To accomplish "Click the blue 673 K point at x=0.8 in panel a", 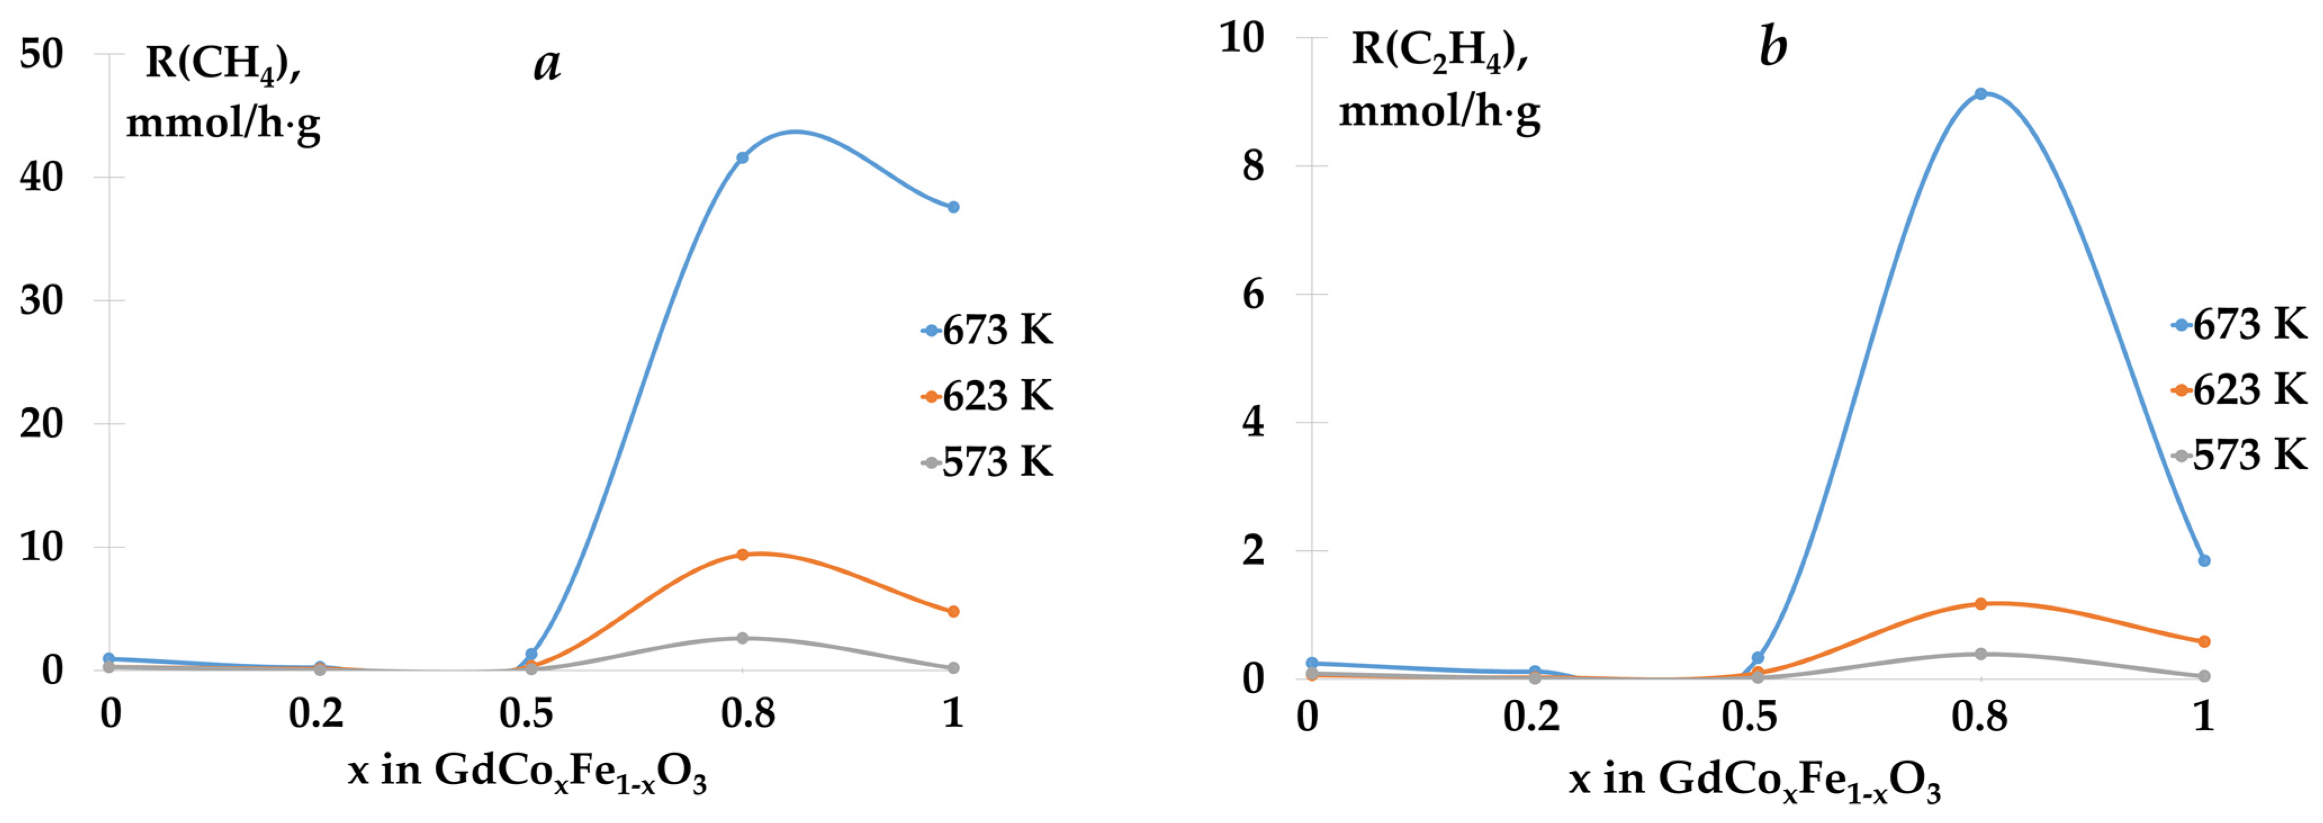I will (x=742, y=158).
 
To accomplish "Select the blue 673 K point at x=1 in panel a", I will (x=953, y=208).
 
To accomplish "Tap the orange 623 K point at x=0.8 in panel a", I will (x=742, y=554).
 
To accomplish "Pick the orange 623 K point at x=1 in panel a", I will (x=953, y=611).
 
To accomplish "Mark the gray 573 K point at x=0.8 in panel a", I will (x=742, y=638).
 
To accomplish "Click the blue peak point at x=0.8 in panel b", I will (x=1981, y=94).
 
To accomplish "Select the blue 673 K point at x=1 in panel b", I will (x=2204, y=561).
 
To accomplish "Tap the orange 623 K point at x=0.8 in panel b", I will (x=1981, y=604).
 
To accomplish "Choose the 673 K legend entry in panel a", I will (x=988, y=330).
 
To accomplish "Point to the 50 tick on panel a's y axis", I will (x=42, y=54).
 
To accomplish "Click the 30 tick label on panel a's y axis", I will (x=42, y=300).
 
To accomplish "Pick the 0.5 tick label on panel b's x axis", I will (x=1749, y=717).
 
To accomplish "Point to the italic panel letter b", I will (x=1773, y=47).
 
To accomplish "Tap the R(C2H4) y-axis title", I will (x=1439, y=81).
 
